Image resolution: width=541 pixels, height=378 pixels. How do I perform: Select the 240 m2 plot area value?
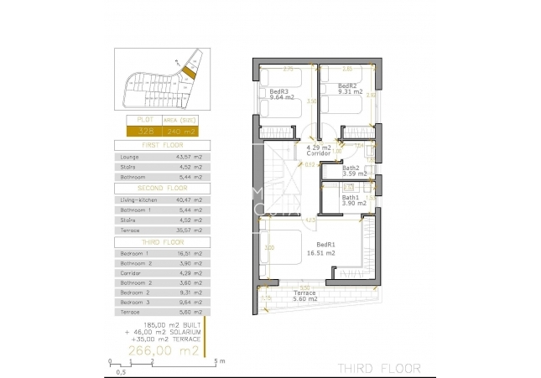point(181,131)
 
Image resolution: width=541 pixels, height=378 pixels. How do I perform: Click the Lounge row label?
point(131,157)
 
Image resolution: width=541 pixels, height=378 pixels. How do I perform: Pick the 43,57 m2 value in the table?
point(186,157)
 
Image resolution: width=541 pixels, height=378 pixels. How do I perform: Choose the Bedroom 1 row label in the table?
point(135,252)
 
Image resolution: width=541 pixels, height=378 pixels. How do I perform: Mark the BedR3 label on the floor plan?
point(278,91)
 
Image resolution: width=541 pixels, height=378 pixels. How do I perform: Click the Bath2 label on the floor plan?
point(351,168)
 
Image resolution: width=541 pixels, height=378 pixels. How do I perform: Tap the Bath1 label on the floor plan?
point(351,197)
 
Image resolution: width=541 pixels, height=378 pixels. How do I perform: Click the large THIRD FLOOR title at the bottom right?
point(374,367)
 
